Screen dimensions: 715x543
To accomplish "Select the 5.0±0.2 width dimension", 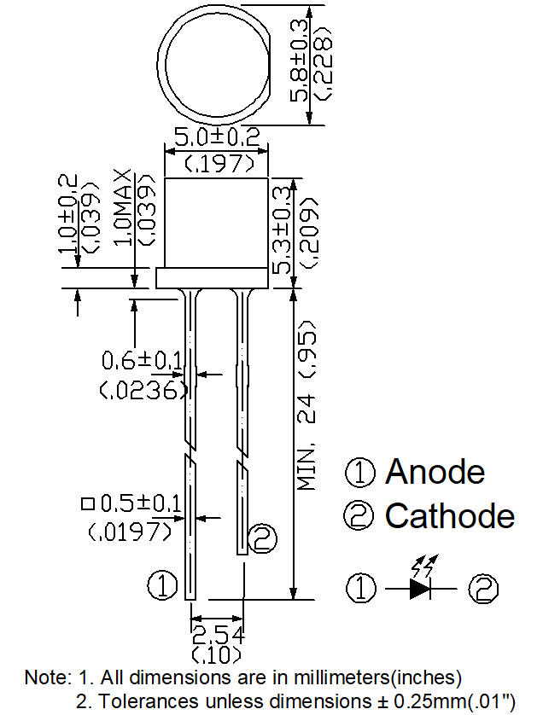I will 217,137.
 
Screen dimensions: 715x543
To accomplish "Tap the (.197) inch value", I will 217,162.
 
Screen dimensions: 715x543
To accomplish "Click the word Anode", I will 435,471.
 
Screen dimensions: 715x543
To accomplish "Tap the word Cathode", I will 450,515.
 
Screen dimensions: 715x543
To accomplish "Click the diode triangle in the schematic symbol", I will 419,587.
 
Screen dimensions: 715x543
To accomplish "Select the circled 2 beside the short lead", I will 263,537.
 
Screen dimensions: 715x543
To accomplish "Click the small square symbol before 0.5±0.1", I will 87,503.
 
